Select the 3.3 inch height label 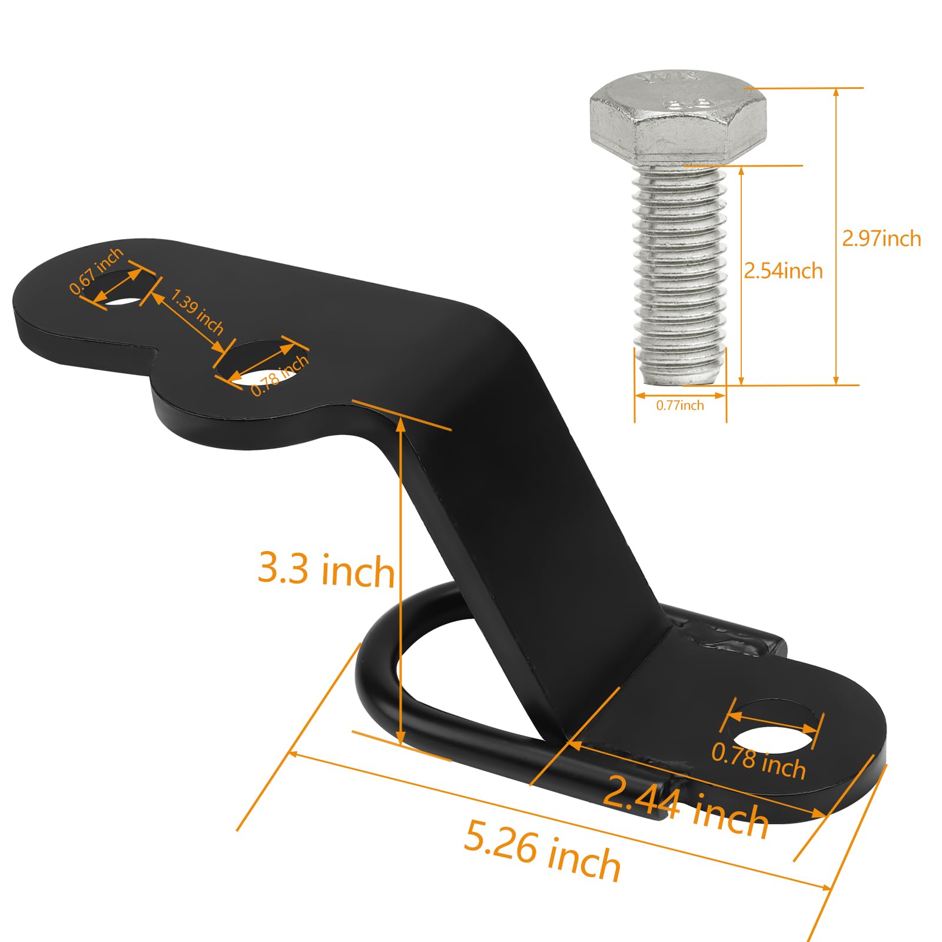[326, 570]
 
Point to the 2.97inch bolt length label [881, 238]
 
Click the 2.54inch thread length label [783, 271]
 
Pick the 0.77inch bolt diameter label [680, 405]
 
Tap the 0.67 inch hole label [96, 270]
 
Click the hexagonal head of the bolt [677, 118]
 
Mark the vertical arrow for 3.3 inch [401, 577]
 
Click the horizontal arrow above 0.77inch [680, 395]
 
